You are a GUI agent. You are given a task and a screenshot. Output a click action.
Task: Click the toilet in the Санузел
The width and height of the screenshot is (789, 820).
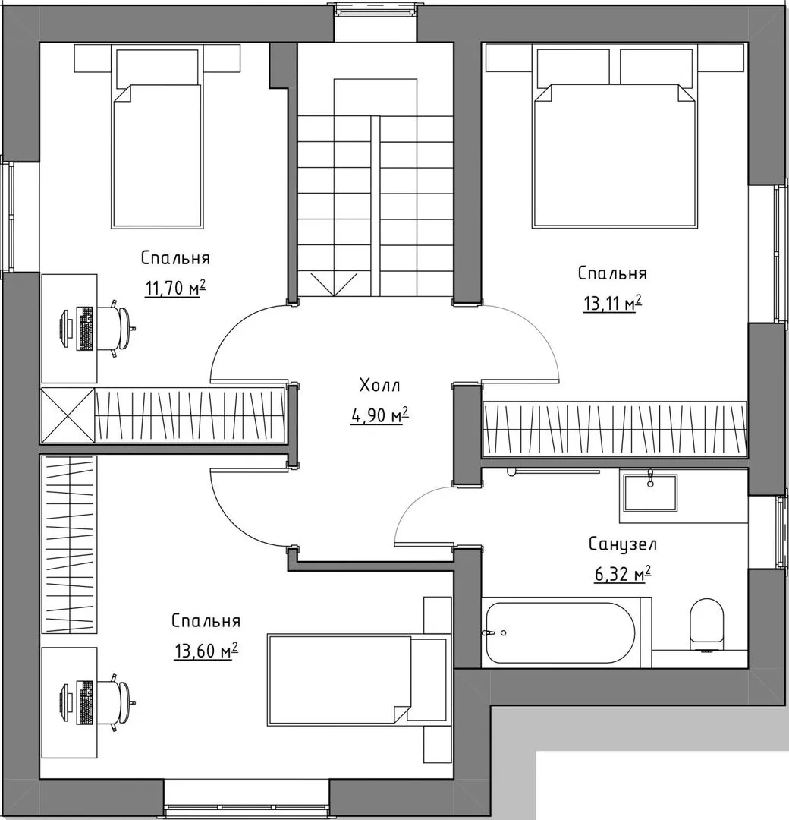pos(706,625)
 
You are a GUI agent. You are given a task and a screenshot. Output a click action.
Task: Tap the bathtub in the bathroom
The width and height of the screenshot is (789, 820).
pos(561,632)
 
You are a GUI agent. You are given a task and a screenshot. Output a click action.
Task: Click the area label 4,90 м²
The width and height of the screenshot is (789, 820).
pos(379,416)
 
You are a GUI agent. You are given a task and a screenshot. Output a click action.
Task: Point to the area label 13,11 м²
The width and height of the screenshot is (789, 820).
pos(612,304)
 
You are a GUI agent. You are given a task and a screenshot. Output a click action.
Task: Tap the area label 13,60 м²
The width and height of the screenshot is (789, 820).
pos(206,651)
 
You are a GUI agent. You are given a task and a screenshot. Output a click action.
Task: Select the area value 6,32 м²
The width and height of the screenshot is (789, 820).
pos(622,574)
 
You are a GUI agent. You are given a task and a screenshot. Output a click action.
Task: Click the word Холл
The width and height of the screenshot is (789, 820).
pos(380,386)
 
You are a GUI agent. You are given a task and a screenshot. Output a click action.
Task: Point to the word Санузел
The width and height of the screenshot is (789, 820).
pos(623,544)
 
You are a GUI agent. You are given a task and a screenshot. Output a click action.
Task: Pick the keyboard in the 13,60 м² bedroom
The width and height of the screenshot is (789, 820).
pos(85,702)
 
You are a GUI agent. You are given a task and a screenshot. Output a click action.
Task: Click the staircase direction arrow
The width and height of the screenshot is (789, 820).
pos(335,284)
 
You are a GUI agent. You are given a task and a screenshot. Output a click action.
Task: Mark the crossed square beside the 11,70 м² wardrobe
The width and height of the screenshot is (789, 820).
pos(68,416)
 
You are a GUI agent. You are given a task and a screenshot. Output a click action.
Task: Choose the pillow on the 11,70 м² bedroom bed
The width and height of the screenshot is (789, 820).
pos(157,68)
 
